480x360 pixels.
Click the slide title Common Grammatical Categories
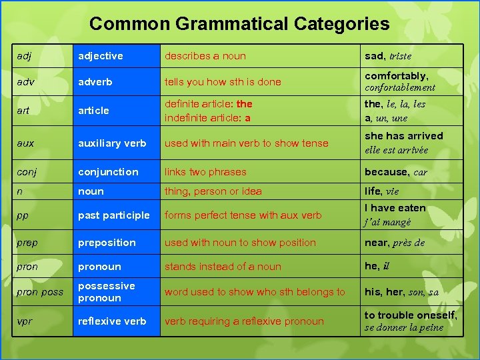click(239, 24)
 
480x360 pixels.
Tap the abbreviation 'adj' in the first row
click(23, 56)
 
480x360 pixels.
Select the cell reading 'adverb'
click(95, 82)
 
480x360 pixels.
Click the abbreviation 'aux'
click(24, 143)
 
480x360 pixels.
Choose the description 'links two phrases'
click(205, 172)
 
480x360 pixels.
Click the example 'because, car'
click(396, 172)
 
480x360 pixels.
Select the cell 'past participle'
click(114, 215)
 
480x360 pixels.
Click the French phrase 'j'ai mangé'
click(387, 222)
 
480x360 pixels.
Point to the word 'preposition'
click(107, 243)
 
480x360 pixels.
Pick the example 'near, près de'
click(395, 243)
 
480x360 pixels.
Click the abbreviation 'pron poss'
click(40, 292)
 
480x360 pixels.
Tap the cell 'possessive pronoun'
click(107, 292)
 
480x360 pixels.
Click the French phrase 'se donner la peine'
click(404, 327)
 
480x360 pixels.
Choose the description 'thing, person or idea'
click(213, 191)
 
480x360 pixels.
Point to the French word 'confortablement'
click(400, 87)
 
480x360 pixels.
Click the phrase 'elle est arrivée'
click(396, 150)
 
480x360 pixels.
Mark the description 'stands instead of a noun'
click(223, 267)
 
